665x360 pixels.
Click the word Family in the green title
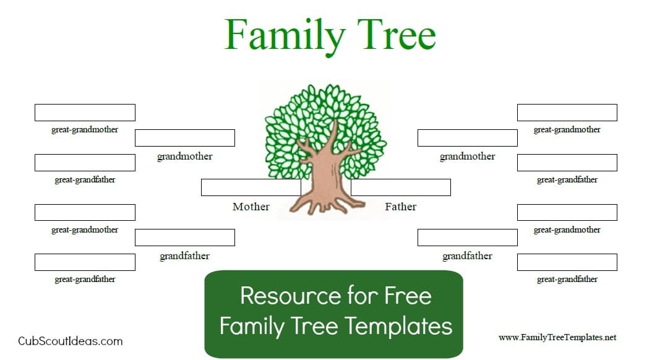click(285, 35)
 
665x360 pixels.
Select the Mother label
click(251, 207)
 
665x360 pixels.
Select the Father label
click(401, 207)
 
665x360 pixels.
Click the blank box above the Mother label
click(251, 187)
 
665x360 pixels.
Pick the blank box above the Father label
click(401, 187)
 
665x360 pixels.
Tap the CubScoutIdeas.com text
click(71, 341)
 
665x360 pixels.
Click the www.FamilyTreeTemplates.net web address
click(558, 338)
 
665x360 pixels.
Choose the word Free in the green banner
click(408, 296)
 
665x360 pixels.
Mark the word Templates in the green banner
click(398, 327)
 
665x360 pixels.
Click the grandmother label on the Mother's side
click(185, 156)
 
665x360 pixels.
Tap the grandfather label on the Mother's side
click(185, 256)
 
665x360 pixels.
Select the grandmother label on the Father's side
click(468, 156)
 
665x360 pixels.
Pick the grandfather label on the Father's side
click(468, 256)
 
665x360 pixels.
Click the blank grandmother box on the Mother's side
click(185, 138)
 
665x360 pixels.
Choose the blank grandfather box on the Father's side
click(468, 238)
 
